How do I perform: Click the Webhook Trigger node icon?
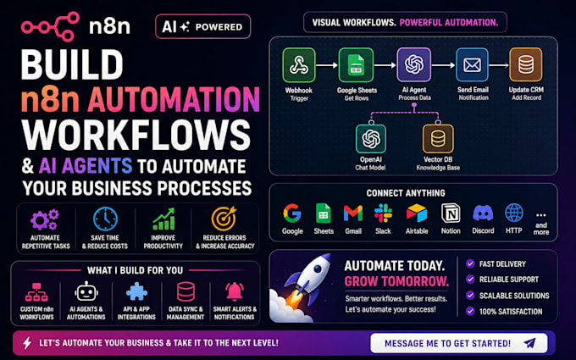299,65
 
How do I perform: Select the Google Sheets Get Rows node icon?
356,65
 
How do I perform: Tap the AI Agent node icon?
414,64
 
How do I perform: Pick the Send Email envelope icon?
472,64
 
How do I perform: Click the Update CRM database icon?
526,64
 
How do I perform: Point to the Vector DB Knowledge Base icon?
438,138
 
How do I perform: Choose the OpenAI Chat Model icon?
371,138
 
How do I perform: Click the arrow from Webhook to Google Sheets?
327,65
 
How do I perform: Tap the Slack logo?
383,213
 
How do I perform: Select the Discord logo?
483,213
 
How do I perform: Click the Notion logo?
451,213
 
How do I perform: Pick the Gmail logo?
353,213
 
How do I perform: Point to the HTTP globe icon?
514,213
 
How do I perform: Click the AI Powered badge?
203,26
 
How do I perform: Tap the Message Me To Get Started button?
459,343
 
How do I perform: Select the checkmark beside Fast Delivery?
470,263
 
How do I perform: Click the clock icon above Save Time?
105,219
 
